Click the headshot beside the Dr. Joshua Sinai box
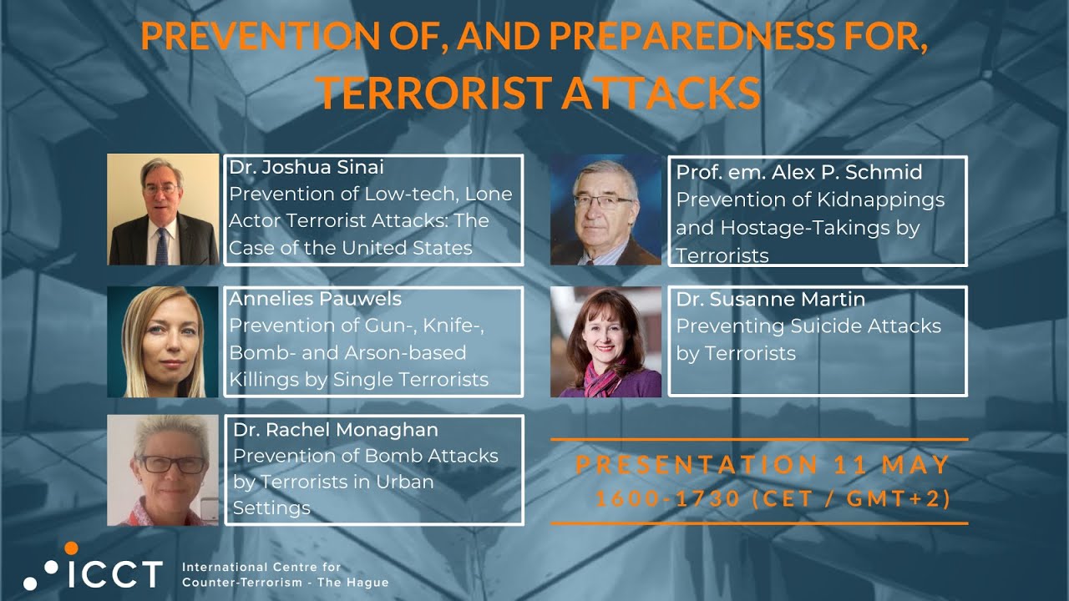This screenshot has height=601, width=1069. (x=163, y=210)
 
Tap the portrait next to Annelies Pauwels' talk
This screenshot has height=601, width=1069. (x=163, y=342)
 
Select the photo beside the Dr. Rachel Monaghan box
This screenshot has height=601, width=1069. (x=163, y=470)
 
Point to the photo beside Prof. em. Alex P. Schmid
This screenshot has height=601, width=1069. (x=605, y=210)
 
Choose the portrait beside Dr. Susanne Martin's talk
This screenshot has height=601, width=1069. (x=605, y=342)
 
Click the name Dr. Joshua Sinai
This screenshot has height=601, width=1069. (x=307, y=167)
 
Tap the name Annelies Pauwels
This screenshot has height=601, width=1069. (x=315, y=299)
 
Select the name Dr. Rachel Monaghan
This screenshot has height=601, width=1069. (x=336, y=430)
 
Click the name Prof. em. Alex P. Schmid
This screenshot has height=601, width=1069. (x=798, y=173)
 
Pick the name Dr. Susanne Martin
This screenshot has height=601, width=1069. (x=770, y=299)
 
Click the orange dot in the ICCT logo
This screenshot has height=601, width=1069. (x=71, y=548)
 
